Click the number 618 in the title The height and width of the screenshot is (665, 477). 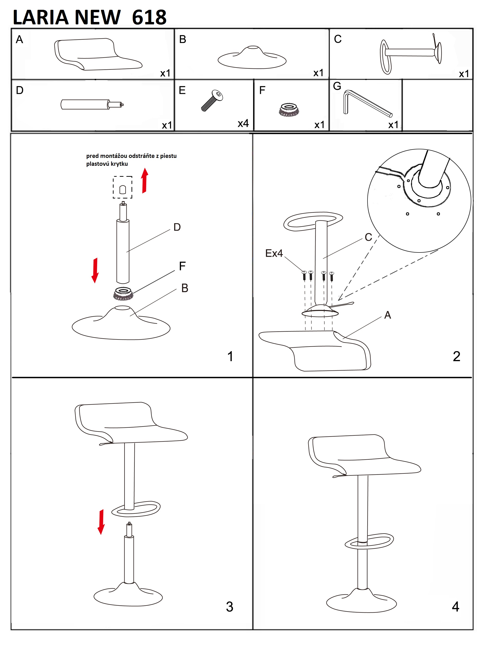pos(149,17)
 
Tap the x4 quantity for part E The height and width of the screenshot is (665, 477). pos(243,123)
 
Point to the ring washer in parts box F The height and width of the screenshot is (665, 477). pos(289,110)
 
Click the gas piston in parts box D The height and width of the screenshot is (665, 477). pos(92,104)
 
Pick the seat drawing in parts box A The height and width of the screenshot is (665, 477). pos(98,54)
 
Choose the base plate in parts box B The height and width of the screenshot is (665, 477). pos(252,58)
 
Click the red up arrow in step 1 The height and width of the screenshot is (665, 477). pos(144,181)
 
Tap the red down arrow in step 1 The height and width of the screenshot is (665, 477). pos(95,270)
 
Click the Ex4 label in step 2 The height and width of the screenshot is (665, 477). pos(274,253)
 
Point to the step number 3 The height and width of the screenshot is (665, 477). pos(230,607)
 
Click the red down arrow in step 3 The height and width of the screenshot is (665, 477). pos(101,522)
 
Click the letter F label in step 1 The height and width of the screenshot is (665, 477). pos(182,266)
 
